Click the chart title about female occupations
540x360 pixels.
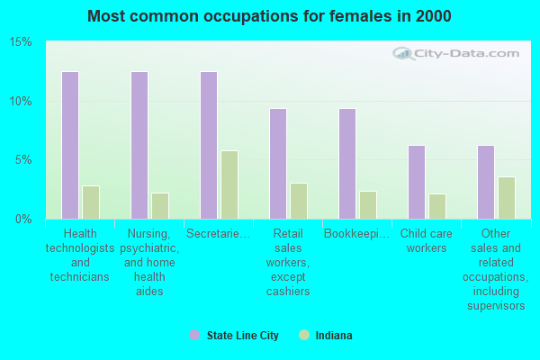pyautogui.click(x=270, y=16)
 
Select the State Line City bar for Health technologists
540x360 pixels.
pyautogui.click(x=70, y=145)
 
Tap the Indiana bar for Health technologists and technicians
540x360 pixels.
pyautogui.click(x=91, y=202)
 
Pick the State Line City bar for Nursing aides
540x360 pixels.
pyautogui.click(x=139, y=145)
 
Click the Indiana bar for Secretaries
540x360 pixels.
pyautogui.click(x=229, y=184)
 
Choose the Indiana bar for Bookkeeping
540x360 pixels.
pyautogui.click(x=368, y=205)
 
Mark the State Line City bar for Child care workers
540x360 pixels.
pyautogui.click(x=417, y=182)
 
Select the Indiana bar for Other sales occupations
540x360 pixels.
pyautogui.click(x=507, y=198)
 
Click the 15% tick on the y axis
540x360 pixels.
pyautogui.click(x=22, y=42)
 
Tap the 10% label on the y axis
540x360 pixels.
pyautogui.click(x=22, y=101)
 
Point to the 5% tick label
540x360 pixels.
pyautogui.click(x=24, y=160)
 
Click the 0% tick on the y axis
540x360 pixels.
pyautogui.click(x=24, y=219)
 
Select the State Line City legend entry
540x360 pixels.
pyautogui.click(x=234, y=336)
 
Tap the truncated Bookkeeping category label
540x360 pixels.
pyautogui.click(x=357, y=234)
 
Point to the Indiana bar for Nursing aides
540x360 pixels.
pyautogui.click(x=160, y=206)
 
